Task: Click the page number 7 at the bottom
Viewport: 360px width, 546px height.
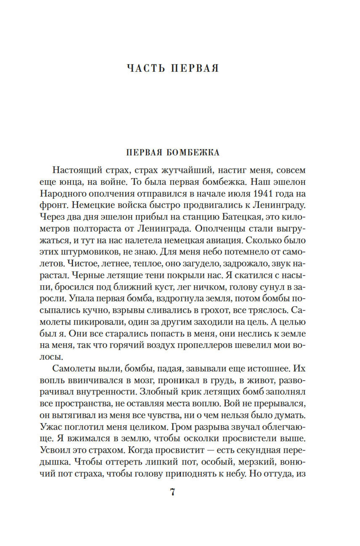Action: pos(172,492)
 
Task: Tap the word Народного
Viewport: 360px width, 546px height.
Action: pos(63,194)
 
